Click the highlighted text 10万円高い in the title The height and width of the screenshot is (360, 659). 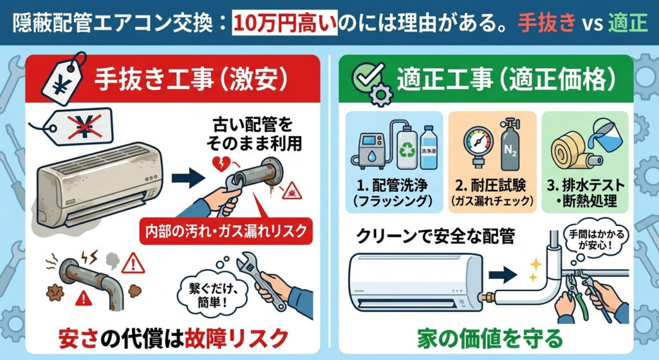coord(285,23)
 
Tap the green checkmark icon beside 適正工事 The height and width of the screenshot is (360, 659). coord(368,77)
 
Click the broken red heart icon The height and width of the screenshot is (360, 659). coord(221,164)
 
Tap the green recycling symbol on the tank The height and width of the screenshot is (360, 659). coord(407,150)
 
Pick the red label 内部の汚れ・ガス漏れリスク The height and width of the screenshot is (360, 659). coord(226,231)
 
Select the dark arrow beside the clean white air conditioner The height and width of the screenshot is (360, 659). coord(503,274)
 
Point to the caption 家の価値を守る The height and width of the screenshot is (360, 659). coord(490,337)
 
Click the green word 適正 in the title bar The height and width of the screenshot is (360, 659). coord(627,23)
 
